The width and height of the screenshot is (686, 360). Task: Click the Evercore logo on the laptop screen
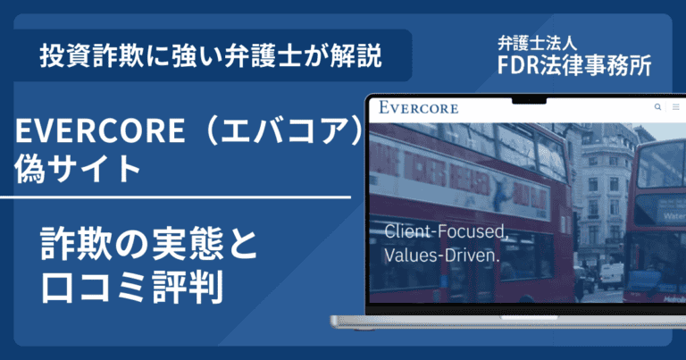tap(419, 108)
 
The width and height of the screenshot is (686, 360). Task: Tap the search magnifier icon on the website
tap(658, 107)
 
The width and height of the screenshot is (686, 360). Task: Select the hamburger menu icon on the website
tap(675, 107)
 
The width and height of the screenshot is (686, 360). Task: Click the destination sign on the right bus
tap(662, 213)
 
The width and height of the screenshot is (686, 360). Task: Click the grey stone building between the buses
tap(607, 179)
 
